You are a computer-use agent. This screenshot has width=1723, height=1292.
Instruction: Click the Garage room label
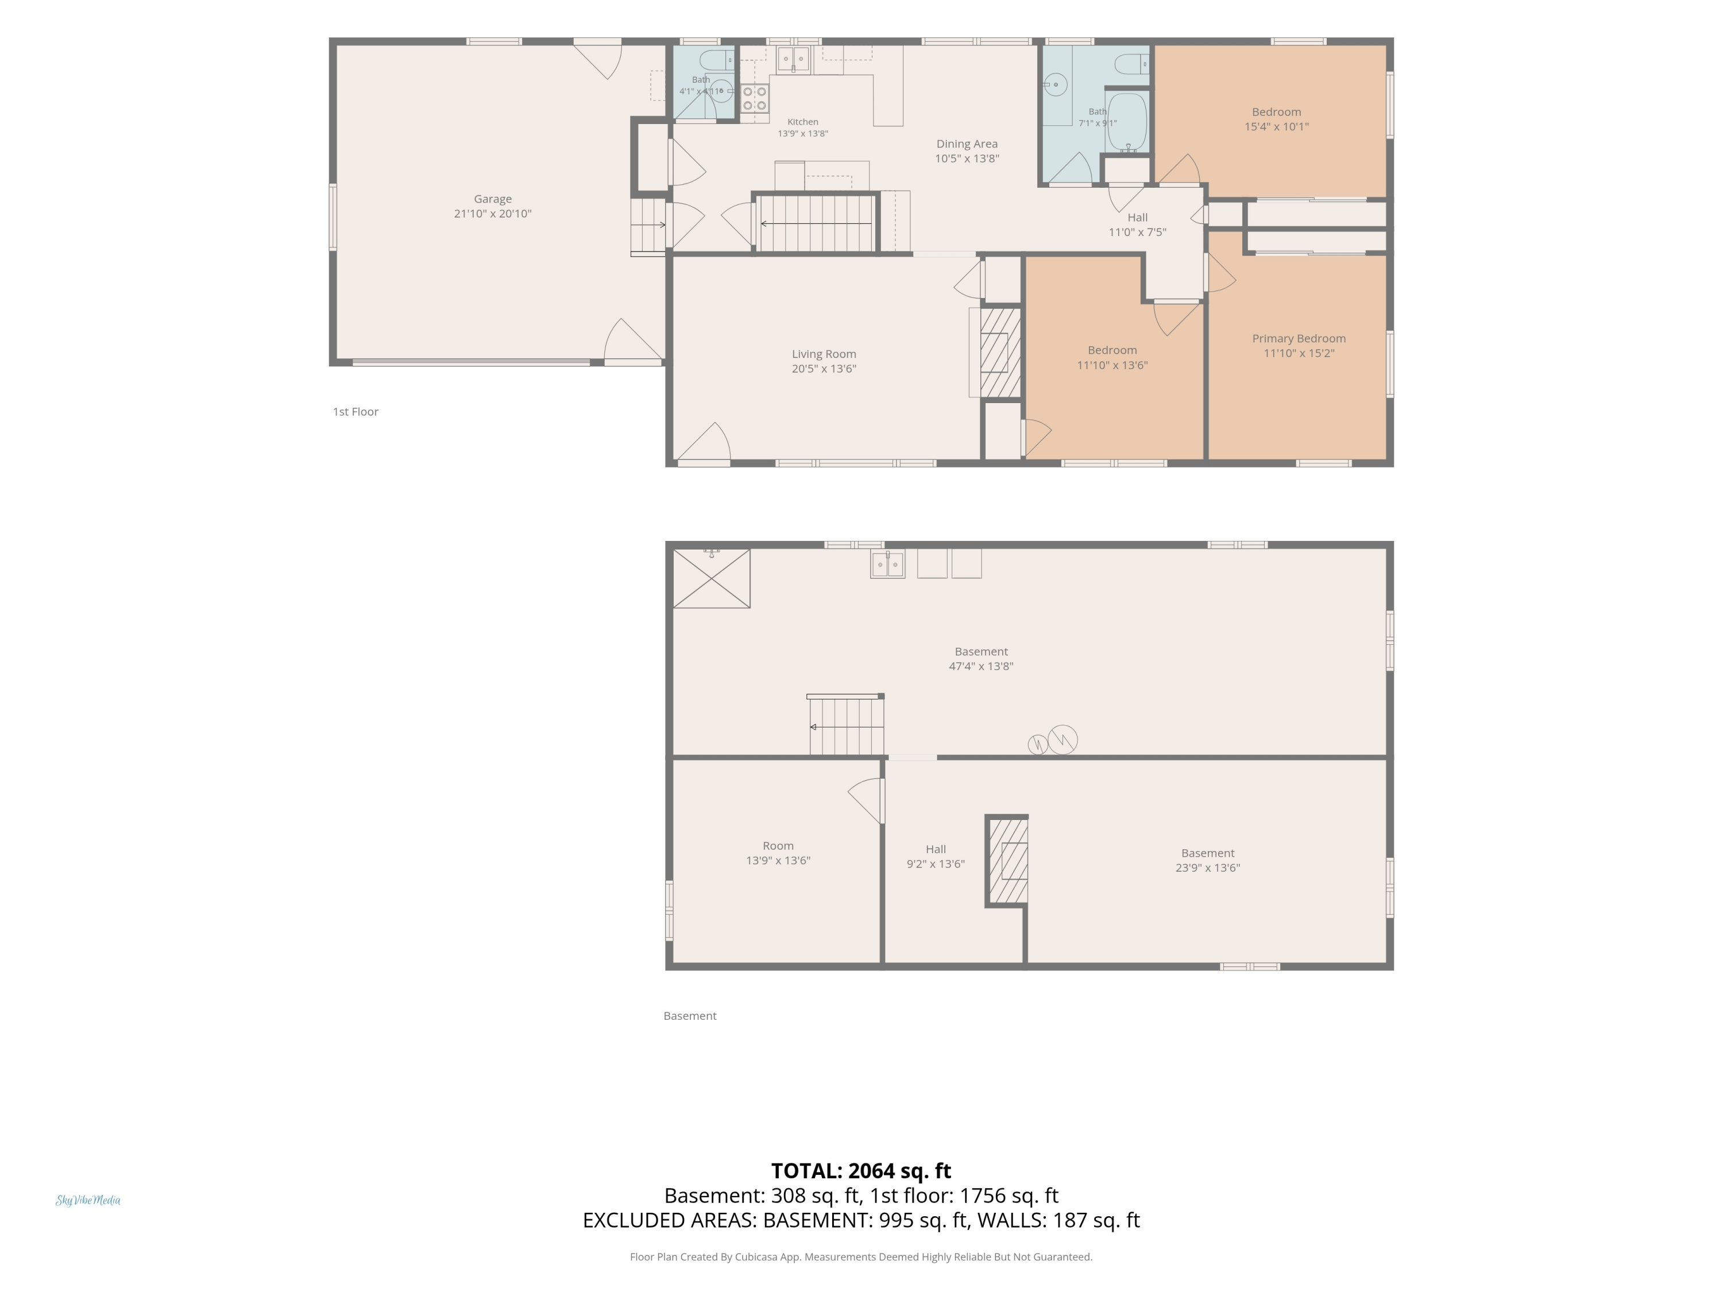pyautogui.click(x=492, y=199)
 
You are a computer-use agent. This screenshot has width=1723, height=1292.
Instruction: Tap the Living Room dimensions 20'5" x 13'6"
pyautogui.click(x=824, y=369)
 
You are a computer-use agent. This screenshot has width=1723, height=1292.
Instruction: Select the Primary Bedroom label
pyautogui.click(x=1299, y=339)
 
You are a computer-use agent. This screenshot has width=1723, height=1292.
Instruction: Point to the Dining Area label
pyautogui.click(x=967, y=144)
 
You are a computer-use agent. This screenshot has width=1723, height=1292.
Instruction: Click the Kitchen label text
pyautogui.click(x=802, y=122)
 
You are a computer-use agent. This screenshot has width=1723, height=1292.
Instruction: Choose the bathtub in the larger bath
pyautogui.click(x=1127, y=122)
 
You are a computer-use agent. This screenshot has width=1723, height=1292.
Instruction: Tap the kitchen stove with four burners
pyautogui.click(x=754, y=98)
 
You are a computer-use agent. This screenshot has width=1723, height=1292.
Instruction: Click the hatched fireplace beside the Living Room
pyautogui.click(x=1000, y=353)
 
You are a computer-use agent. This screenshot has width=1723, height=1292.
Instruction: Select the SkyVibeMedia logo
pyautogui.click(x=88, y=1200)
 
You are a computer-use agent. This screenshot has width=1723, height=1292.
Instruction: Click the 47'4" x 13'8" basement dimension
pyautogui.click(x=981, y=667)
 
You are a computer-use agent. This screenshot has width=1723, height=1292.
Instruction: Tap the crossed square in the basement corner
pyautogui.click(x=711, y=579)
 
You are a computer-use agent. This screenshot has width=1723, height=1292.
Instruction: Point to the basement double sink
pyautogui.click(x=887, y=564)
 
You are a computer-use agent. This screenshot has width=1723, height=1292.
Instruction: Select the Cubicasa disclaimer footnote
pyautogui.click(x=861, y=1257)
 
